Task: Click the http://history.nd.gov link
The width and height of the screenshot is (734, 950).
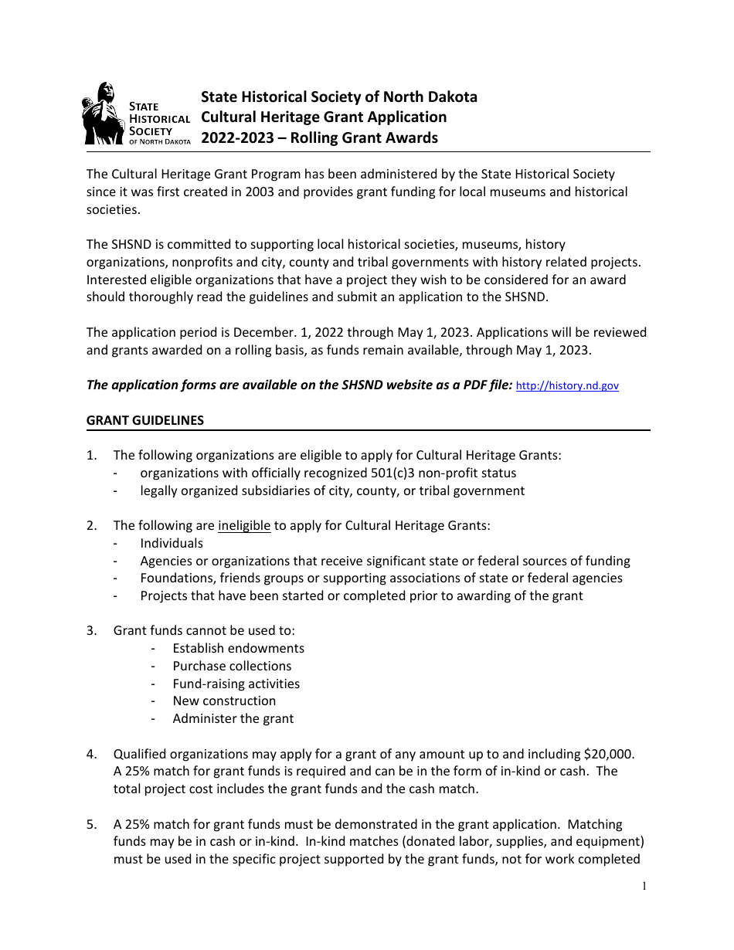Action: coord(566,386)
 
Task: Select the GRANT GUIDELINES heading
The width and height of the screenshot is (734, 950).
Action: coord(145,421)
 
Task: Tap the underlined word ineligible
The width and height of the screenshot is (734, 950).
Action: coord(244,526)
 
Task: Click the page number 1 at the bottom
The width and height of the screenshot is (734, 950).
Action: coord(644,887)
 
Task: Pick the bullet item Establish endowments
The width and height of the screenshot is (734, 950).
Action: coord(238,649)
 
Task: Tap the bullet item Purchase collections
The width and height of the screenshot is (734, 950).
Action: coord(232,667)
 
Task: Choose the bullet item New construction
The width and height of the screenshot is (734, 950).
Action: coord(224,701)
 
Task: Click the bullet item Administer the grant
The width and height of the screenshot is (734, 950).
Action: coord(233,719)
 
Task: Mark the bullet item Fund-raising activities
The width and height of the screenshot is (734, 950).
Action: coord(236,684)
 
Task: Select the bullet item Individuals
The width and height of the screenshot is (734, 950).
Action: coord(172,544)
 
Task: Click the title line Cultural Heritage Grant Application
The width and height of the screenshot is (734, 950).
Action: coord(324,117)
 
